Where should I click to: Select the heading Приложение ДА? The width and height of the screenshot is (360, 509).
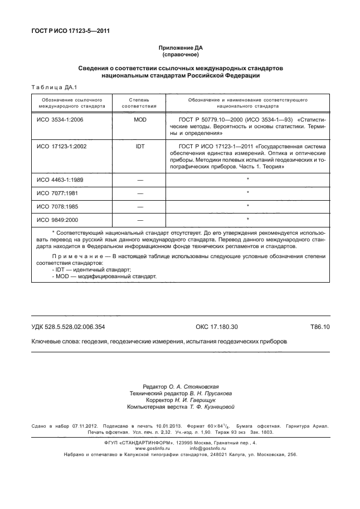(x=180, y=49)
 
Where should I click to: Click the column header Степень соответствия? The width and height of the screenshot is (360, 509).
(x=139, y=101)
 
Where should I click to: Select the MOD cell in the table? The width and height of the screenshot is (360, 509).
(x=139, y=120)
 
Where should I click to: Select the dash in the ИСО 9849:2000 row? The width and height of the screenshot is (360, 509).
(x=139, y=220)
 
